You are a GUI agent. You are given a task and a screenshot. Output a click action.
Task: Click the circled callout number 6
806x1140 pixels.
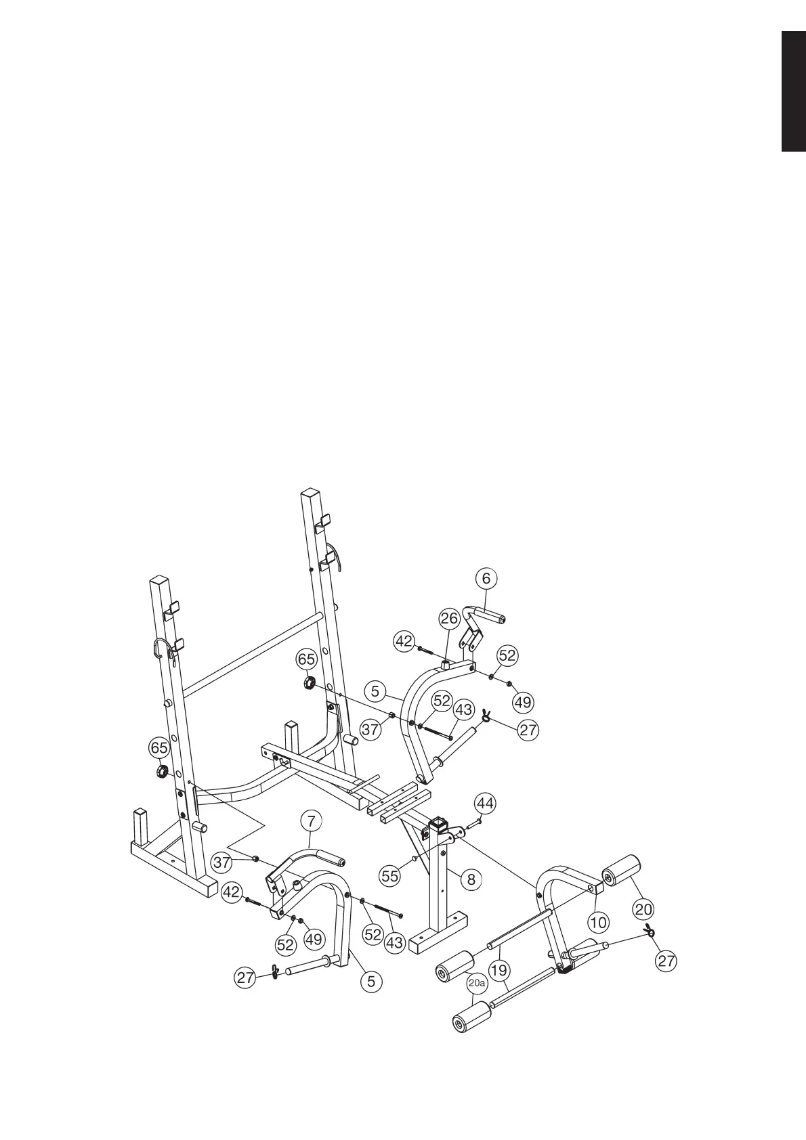(486, 578)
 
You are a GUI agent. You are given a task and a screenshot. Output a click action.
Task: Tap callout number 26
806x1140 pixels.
(449, 618)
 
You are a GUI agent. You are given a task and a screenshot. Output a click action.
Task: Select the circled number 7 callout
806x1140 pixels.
(311, 822)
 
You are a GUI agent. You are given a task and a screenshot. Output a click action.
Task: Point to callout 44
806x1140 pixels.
(484, 804)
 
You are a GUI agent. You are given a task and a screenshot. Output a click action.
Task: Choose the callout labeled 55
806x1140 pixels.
(390, 876)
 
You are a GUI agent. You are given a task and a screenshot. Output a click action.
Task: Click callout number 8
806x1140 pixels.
(471, 879)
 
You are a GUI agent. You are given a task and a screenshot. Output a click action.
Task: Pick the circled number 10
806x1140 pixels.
(599, 922)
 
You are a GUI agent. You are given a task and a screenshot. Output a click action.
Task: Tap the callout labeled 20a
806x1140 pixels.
(478, 982)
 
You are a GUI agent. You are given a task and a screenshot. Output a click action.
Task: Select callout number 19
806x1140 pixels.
(499, 971)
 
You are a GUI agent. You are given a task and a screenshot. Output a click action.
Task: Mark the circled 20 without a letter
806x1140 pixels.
(643, 908)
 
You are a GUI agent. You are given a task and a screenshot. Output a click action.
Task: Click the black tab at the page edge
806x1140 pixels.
(793, 91)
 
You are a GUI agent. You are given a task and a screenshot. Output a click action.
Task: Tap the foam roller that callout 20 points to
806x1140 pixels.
(622, 869)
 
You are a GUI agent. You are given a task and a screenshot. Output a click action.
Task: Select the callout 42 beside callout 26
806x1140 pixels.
(404, 640)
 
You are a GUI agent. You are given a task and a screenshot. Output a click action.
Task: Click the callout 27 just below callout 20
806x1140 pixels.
(666, 961)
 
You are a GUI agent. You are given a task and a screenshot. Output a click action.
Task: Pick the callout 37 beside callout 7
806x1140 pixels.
(221, 862)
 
